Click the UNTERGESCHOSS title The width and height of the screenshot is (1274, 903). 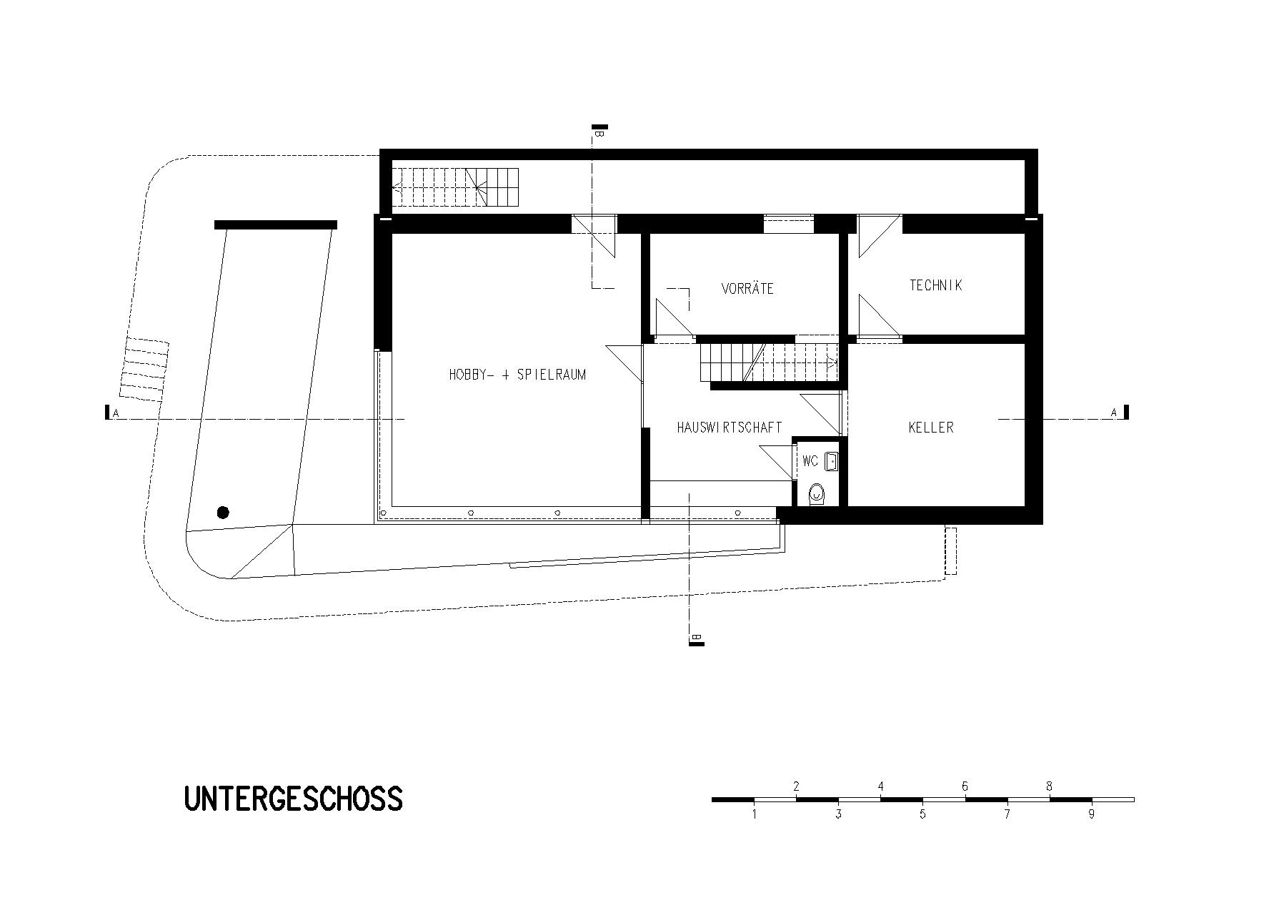pos(293,799)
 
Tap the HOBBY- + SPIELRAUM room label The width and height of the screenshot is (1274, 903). pos(517,375)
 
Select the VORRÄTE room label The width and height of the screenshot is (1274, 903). pos(747,289)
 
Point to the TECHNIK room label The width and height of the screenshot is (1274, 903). pos(935,285)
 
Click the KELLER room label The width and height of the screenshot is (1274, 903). pos(931,428)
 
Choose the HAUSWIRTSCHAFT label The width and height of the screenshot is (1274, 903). pos(730,428)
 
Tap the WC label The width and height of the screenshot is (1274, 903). pos(810,461)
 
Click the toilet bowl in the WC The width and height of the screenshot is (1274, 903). pos(817,494)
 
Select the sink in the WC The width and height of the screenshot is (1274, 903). pos(831,461)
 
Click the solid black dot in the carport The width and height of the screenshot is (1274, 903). pos(223,512)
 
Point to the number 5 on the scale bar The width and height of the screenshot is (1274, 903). pos(922,814)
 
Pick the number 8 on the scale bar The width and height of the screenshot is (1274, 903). pos(1049,786)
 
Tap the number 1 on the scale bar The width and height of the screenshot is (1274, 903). pos(755,814)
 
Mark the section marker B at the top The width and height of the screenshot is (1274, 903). pos(599,132)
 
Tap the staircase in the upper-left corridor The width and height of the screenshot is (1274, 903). pos(454,187)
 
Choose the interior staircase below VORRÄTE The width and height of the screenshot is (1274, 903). pos(769,362)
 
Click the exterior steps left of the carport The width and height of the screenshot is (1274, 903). pos(144,368)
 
